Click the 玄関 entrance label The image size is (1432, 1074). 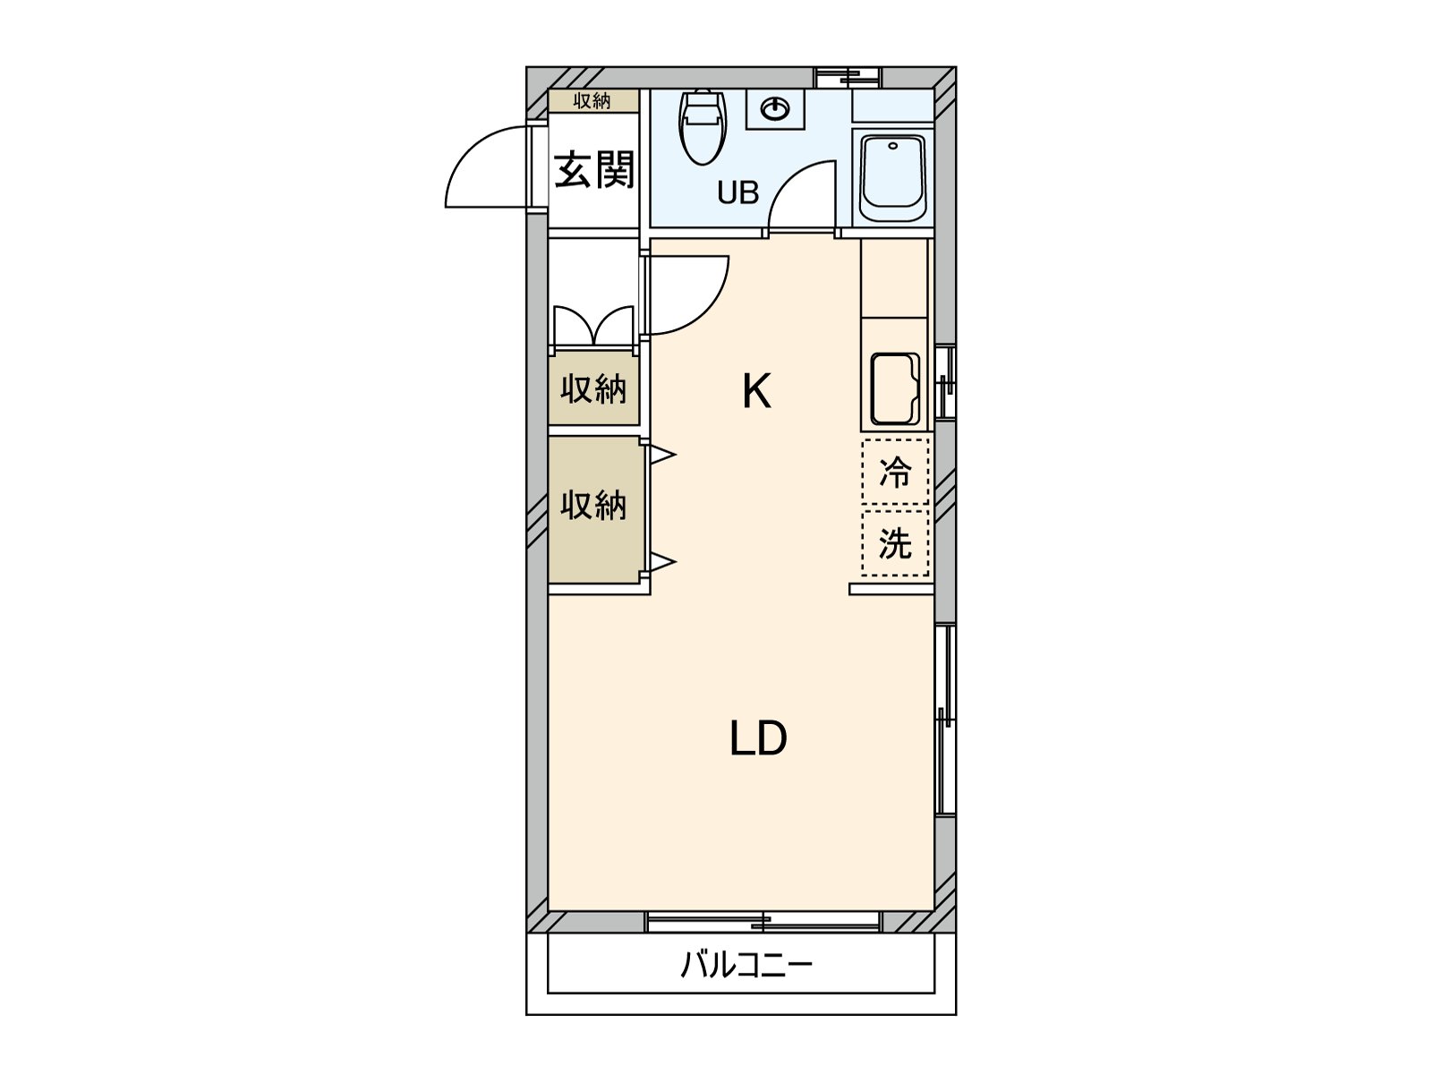pyautogui.click(x=594, y=170)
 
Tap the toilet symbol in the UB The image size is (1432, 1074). pyautogui.click(x=703, y=127)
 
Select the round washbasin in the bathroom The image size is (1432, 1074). pyautogui.click(x=775, y=110)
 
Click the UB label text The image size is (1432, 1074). pyautogui.click(x=737, y=192)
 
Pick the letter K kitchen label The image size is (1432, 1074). pyautogui.click(x=756, y=391)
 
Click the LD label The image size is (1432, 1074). pyautogui.click(x=758, y=739)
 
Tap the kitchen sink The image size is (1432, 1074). pyautogui.click(x=895, y=389)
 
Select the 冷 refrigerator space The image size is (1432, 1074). pyautogui.click(x=895, y=472)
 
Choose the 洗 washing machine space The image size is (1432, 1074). pyautogui.click(x=895, y=542)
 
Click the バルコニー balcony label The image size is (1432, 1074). pyautogui.click(x=746, y=965)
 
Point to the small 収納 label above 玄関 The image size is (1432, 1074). pyautogui.click(x=592, y=101)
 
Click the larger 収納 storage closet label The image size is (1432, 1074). pyautogui.click(x=593, y=507)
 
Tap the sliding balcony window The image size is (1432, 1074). pyautogui.click(x=763, y=921)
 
